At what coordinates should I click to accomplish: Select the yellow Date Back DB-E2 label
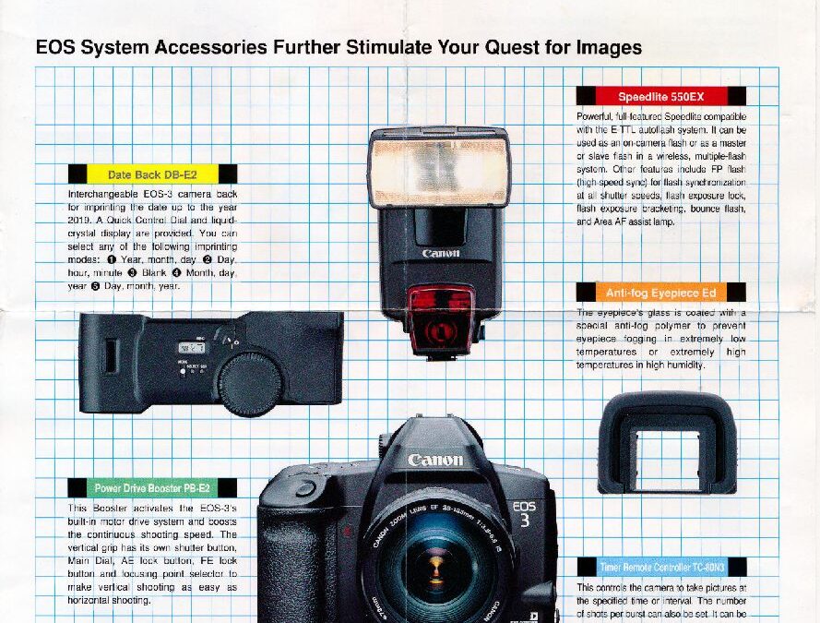point(152,174)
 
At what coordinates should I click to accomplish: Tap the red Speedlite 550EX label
point(661,96)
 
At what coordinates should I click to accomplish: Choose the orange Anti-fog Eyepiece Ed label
point(660,293)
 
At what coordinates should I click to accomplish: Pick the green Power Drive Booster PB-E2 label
point(152,487)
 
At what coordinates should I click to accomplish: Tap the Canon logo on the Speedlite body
point(440,254)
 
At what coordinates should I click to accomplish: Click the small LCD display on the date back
point(191,348)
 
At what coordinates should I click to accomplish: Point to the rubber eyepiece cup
point(667,442)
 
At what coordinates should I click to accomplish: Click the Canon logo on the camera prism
point(435,460)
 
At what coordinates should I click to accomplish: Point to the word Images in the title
point(609,46)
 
